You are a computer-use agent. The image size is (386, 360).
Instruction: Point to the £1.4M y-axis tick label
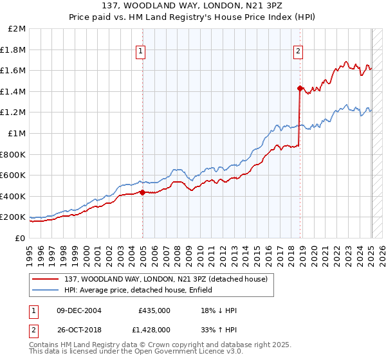(x=14, y=91)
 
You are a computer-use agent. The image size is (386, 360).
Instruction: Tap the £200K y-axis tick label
(x=14, y=217)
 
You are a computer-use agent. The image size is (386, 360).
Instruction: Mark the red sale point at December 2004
(x=142, y=192)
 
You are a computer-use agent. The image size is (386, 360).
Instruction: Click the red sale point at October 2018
(x=300, y=88)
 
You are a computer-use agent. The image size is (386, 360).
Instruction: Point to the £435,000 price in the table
(x=154, y=310)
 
